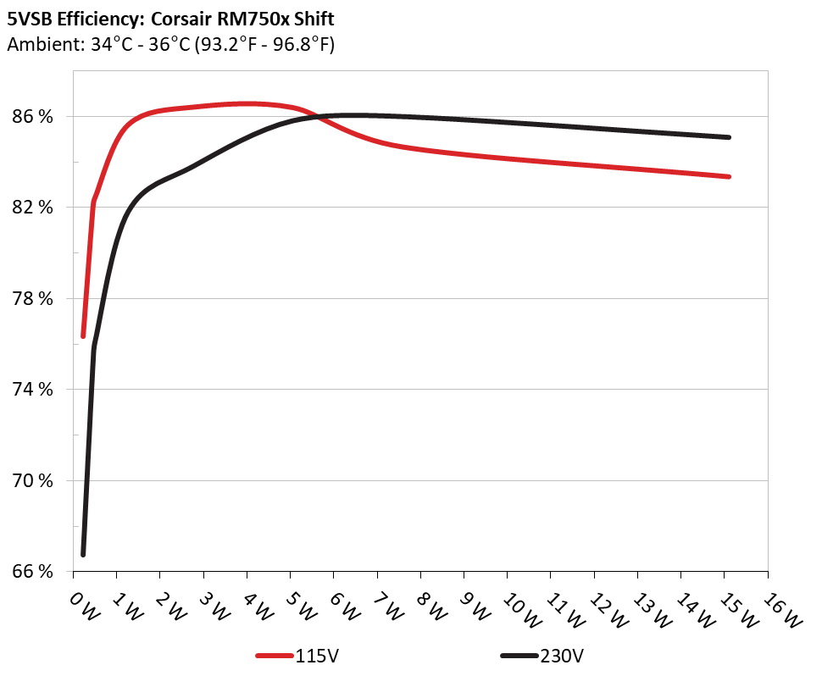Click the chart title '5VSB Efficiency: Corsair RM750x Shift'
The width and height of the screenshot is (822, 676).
pos(170,18)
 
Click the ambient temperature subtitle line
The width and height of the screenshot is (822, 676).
pos(170,44)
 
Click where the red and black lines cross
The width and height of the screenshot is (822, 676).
pos(318,117)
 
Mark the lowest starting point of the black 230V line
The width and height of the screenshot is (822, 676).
pos(83,554)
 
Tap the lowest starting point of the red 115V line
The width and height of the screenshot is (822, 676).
pos(83,336)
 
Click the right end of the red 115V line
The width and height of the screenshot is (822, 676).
pos(728,176)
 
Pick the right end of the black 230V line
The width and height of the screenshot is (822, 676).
pos(728,137)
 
